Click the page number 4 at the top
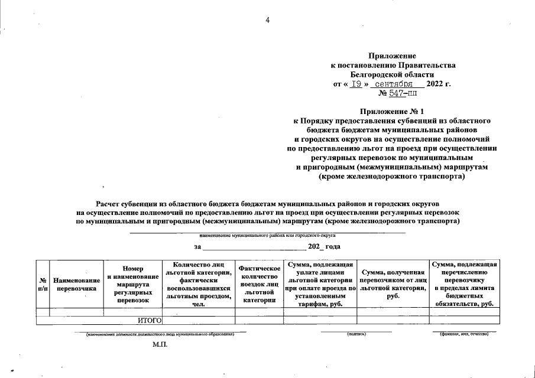pos(267,21)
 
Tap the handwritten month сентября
pos(393,84)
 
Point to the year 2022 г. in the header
pos(438,84)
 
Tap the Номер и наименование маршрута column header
pos(133,284)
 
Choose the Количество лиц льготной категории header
pos(198,284)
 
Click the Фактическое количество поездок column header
pos(259,284)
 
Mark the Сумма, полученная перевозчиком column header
pos(393,284)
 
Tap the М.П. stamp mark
pos(160,345)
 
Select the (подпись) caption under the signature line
pos(356,335)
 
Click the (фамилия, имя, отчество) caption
pos(464,335)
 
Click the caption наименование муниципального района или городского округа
pos(267,235)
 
